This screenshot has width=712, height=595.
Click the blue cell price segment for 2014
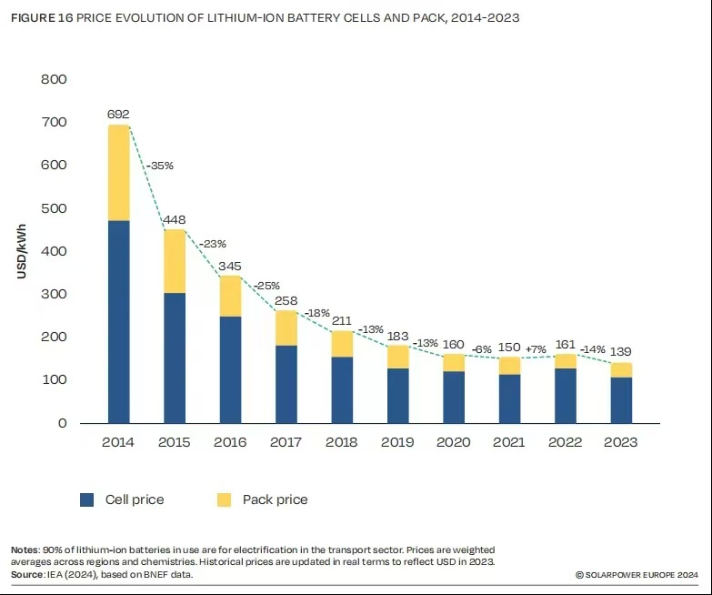(118, 321)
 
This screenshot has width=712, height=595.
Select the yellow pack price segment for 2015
(175, 261)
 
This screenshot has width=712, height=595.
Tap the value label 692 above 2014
(118, 115)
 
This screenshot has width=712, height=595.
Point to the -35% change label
(159, 166)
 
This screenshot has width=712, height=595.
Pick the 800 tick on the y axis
(55, 79)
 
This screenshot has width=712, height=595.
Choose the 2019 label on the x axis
(397, 442)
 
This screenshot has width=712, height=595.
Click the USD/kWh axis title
(21, 251)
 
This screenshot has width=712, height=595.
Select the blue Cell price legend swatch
(87, 499)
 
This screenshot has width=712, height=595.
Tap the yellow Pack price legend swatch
(224, 499)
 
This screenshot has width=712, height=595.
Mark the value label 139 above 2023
(621, 351)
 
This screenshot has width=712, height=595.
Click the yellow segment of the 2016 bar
(230, 296)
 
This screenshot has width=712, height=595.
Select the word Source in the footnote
(27, 575)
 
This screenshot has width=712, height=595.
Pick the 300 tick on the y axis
(55, 294)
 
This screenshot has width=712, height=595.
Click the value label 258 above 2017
(286, 299)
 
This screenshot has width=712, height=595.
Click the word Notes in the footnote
(25, 550)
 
